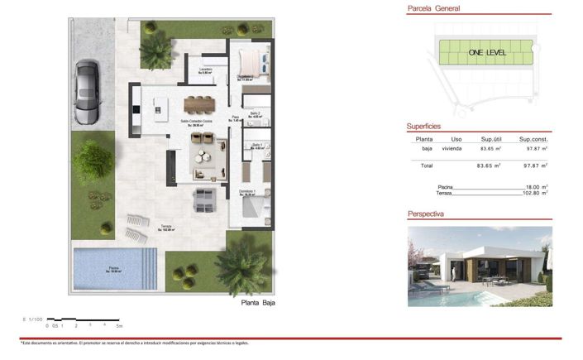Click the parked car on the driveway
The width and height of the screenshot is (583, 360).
coord(87,89)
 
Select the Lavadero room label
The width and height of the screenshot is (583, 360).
coord(204,70)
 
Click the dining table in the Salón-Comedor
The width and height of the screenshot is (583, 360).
coord(200,103)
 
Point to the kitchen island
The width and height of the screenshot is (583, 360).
coord(160,105)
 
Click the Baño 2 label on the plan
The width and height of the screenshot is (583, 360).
coord(256,113)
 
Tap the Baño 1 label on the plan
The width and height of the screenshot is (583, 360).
coord(256,144)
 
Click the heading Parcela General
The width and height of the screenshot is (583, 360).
coord(433,9)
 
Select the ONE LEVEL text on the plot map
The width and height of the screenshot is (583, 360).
coord(487,53)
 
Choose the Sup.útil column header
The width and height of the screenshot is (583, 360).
coord(492,139)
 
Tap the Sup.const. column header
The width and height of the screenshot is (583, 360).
coord(535,139)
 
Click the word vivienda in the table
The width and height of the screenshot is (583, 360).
coord(452,149)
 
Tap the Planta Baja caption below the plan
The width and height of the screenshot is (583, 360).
coord(258,304)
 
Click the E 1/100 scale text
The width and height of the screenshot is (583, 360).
coord(33,318)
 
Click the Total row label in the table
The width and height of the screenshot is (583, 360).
coord(426,166)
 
